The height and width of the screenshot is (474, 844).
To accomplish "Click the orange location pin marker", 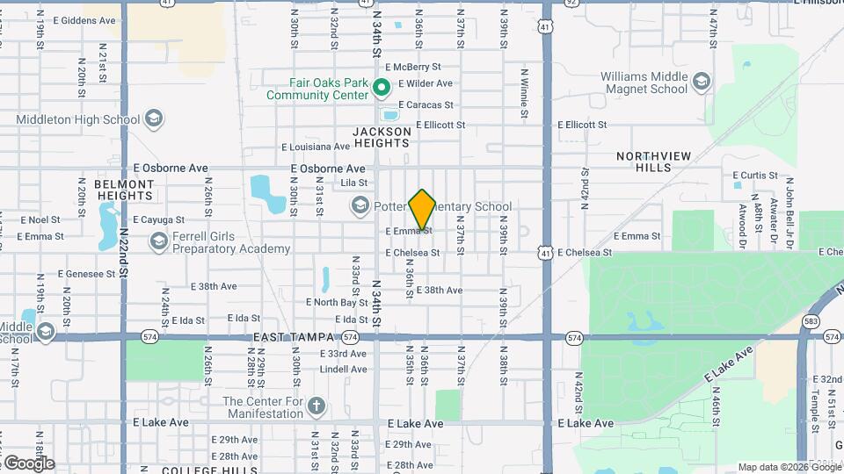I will pyautogui.click(x=423, y=209).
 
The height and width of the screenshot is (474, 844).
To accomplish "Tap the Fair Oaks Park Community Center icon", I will pyautogui.click(x=382, y=87).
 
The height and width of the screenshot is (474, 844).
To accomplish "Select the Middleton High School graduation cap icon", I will pyautogui.click(x=154, y=118).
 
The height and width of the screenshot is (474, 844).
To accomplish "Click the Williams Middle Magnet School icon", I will pyautogui.click(x=701, y=83).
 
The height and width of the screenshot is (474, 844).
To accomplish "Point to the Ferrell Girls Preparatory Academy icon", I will pyautogui.click(x=158, y=241).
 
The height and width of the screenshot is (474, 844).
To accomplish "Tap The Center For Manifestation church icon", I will pyautogui.click(x=316, y=407).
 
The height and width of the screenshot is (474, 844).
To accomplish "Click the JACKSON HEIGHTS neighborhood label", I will pyautogui.click(x=382, y=137).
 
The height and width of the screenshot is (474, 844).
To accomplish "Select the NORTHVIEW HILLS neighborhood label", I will pyautogui.click(x=653, y=162).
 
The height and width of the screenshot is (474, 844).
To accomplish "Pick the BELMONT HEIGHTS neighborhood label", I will pyautogui.click(x=124, y=190).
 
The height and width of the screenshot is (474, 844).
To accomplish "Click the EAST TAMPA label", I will pyautogui.click(x=294, y=337).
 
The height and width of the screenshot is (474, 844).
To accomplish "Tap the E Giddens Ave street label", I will pyautogui.click(x=84, y=20).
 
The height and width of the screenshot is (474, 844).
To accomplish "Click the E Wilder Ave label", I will pyautogui.click(x=425, y=83).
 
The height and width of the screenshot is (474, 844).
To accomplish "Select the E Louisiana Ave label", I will pyautogui.click(x=316, y=147).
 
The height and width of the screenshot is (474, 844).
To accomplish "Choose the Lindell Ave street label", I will pyautogui.click(x=343, y=370).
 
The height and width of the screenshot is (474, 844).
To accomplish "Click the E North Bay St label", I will pyautogui.click(x=337, y=303).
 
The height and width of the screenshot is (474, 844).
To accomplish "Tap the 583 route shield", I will pyautogui.click(x=810, y=321).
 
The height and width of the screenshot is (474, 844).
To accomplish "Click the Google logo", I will pyautogui.click(x=29, y=463).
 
